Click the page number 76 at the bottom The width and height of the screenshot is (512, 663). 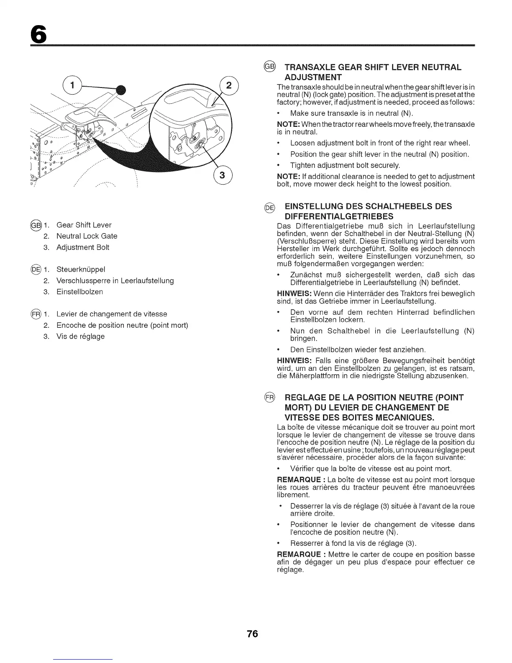pyautogui.click(x=253, y=634)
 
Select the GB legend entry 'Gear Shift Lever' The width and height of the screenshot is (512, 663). pyautogui.click(x=84, y=225)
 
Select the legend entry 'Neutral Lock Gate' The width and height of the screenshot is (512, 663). pyautogui.click(x=87, y=236)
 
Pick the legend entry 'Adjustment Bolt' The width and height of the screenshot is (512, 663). pyautogui.click(x=82, y=247)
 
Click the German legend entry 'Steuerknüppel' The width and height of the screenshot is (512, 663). pyautogui.click(x=81, y=269)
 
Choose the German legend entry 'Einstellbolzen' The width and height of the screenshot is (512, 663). pyautogui.click(x=79, y=292)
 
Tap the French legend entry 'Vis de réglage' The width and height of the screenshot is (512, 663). pyautogui.click(x=80, y=337)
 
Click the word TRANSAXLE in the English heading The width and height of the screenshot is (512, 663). pyautogui.click(x=310, y=67)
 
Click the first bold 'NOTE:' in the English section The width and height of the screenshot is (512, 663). pyautogui.click(x=287, y=125)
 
